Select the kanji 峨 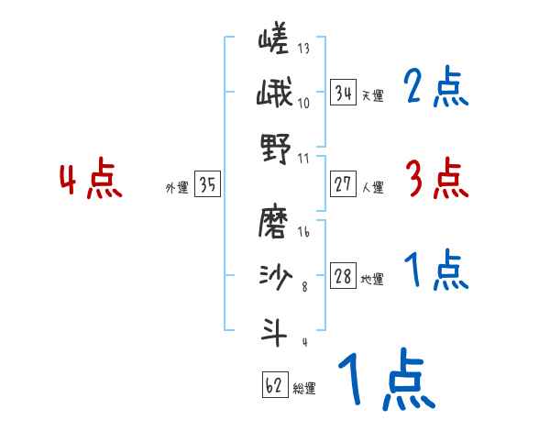coord(273,94)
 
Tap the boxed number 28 coord(343,276)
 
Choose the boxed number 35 coord(207,184)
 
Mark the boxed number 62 coord(274,385)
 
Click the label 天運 coord(372,95)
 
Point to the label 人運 coord(372,187)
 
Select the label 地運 coord(372,280)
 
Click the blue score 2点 coord(434,89)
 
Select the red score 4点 coord(90,180)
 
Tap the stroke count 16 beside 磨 coord(303,233)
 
